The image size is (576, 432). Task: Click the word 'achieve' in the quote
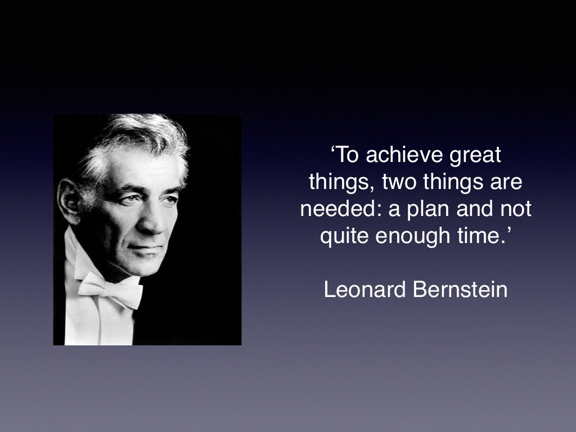[398, 155]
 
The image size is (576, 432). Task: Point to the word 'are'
[507, 182]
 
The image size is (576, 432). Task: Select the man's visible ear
[69, 201]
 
